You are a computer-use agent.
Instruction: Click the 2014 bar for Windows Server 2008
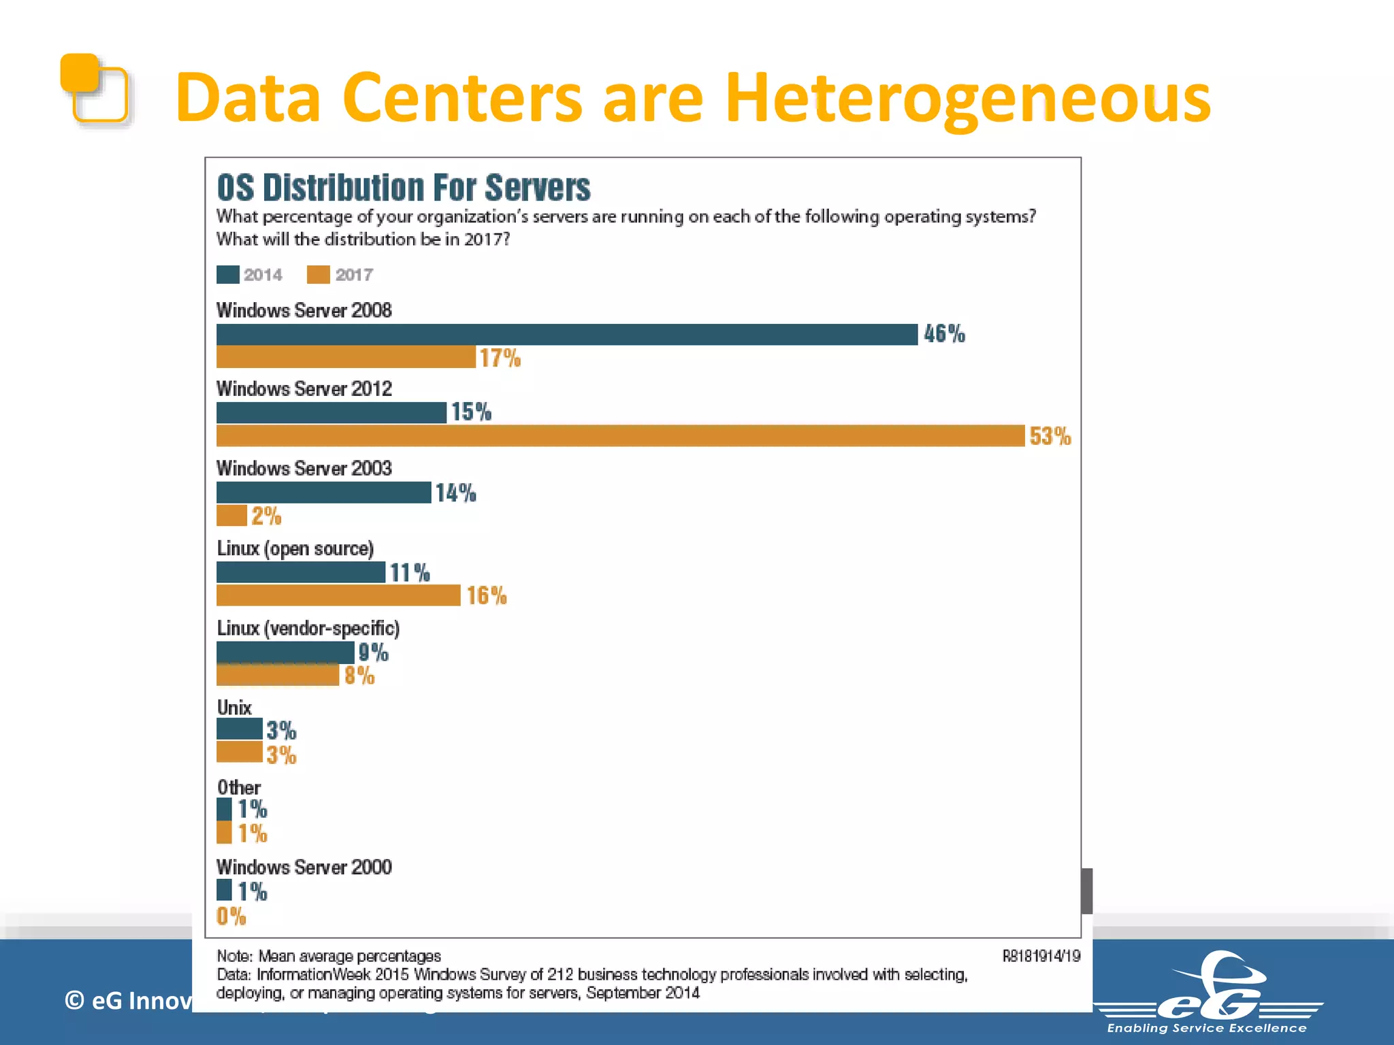tap(566, 335)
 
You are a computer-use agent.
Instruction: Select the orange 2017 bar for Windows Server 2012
tap(619, 436)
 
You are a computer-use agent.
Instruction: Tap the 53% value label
tap(1050, 436)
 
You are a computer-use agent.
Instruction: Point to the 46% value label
tap(944, 334)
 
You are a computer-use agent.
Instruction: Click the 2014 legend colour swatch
tap(227, 275)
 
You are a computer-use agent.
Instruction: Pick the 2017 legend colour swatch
tap(318, 275)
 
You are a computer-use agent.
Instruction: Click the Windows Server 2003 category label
tap(304, 469)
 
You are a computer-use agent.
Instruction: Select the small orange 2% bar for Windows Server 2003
tap(231, 516)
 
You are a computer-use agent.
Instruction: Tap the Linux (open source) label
tap(295, 548)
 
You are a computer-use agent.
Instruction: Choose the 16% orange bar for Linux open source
tap(338, 595)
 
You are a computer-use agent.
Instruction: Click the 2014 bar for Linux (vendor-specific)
tap(285, 652)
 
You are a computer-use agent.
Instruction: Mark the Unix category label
tap(234, 708)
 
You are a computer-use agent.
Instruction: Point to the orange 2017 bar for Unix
tap(239, 752)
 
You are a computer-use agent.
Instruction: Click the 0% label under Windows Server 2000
tap(231, 916)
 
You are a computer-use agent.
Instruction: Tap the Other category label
tap(238, 788)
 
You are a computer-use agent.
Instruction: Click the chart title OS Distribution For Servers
tap(403, 188)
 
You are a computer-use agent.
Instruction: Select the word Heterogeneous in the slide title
tap(967, 99)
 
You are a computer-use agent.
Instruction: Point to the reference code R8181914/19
tap(1041, 957)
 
